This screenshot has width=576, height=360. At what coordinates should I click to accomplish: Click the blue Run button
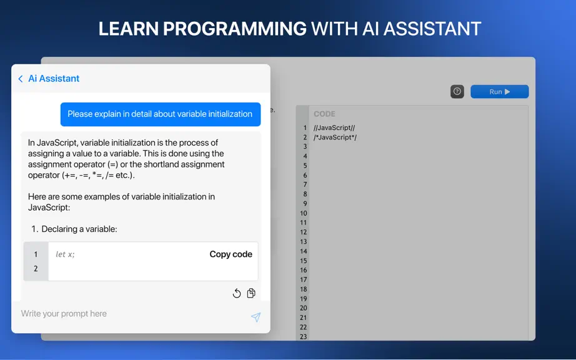[500, 91]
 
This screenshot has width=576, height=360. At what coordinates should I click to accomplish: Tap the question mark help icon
[457, 91]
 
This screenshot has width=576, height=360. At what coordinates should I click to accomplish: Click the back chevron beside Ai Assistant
[21, 79]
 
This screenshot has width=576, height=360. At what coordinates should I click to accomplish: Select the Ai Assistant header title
[54, 78]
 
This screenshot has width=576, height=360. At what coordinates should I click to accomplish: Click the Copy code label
[231, 254]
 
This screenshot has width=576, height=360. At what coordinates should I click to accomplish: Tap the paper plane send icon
[256, 317]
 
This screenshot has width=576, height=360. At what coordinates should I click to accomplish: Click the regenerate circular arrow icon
[237, 293]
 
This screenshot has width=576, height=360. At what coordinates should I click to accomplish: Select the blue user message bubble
[161, 114]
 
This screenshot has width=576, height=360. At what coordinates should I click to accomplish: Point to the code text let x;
[65, 254]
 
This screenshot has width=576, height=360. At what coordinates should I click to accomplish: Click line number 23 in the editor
[303, 336]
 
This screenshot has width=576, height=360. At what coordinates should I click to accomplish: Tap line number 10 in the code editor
[303, 213]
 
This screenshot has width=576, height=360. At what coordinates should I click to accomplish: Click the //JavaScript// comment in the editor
[334, 128]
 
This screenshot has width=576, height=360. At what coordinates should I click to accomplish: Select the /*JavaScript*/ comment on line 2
[335, 137]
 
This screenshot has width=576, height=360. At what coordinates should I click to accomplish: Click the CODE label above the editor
[324, 114]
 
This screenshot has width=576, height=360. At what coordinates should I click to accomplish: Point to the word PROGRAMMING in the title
[235, 29]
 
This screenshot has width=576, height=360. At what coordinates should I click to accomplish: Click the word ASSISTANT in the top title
[432, 29]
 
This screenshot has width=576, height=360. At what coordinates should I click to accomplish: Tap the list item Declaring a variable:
[74, 229]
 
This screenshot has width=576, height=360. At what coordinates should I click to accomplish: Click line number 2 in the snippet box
[36, 269]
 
